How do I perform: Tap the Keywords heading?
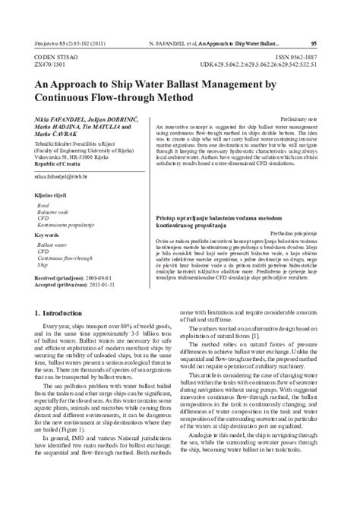49,236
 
